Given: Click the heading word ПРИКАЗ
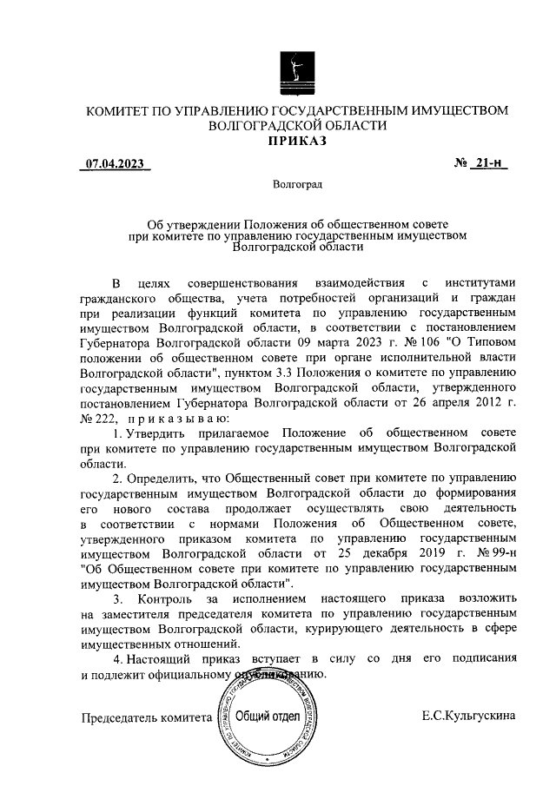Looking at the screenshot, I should [x=296, y=141].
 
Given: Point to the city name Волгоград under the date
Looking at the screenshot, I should [x=296, y=185].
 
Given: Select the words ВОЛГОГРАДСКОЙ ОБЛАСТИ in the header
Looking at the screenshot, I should [x=296, y=125].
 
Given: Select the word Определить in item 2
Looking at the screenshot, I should [x=170, y=478].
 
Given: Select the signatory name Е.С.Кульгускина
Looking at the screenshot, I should [x=468, y=717].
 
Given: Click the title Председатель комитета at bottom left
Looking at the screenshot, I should [x=146, y=718].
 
